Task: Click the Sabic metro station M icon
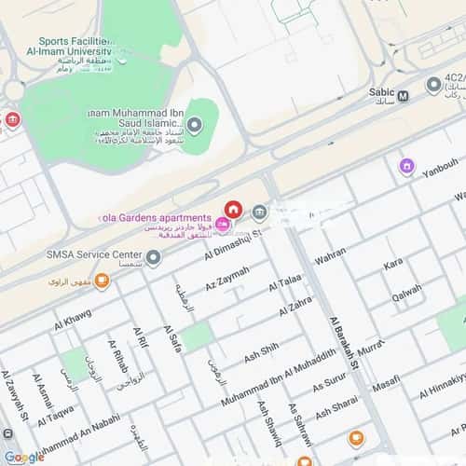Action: pos(403,95)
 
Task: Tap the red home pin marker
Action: pos(232,208)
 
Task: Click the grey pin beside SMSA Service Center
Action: pos(154,255)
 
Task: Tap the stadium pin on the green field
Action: pos(194,125)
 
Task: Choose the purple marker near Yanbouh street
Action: pos(406,167)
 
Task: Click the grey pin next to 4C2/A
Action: pos(433,85)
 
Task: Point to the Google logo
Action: pos(23,457)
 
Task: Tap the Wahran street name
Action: pos(330,256)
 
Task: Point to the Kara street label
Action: pos(392,266)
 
